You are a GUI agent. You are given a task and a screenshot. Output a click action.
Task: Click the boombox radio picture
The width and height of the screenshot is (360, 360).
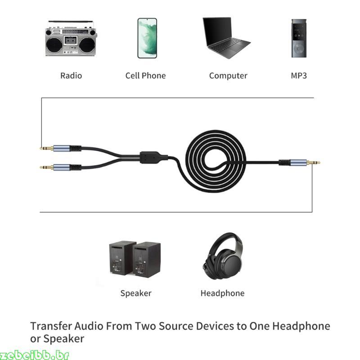click(71, 38)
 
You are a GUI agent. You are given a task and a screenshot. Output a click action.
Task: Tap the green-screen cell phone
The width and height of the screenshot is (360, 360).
click(147, 38)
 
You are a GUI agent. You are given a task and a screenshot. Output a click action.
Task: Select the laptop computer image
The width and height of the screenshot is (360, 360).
click(226, 38)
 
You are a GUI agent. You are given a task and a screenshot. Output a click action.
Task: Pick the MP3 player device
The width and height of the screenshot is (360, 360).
click(299, 38)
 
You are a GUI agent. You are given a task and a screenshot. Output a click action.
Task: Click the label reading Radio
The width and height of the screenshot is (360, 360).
click(71, 76)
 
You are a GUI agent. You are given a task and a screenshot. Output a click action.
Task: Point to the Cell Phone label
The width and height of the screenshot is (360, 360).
click(145, 76)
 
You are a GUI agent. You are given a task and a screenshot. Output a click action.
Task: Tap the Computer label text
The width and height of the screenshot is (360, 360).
click(228, 76)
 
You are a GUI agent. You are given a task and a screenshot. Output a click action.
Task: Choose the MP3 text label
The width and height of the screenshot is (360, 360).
click(299, 76)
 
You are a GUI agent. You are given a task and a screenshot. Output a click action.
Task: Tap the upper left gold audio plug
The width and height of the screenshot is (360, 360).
click(47, 148)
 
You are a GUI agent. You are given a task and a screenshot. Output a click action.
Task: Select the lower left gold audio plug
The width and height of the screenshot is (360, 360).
click(47, 167)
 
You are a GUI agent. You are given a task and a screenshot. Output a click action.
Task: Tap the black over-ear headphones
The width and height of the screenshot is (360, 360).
click(222, 256)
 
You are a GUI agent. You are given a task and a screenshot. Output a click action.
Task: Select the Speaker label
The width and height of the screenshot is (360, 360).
click(136, 293)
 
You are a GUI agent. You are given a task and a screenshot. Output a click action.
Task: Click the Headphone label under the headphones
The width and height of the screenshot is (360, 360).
click(222, 293)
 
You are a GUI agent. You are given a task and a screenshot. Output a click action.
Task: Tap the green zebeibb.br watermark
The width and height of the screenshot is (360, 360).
click(35, 355)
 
